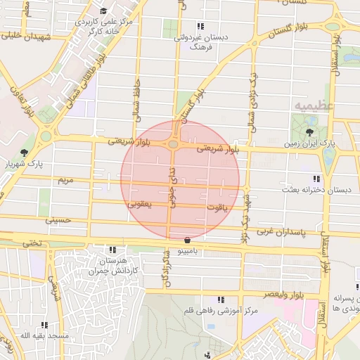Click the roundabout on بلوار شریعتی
point(173,144)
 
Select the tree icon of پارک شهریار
point(25,153)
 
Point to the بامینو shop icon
point(186,240)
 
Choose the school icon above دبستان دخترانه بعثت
point(315,179)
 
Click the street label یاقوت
point(218,208)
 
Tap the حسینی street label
point(58,220)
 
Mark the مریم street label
point(65,181)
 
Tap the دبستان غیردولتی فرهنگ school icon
point(181,28)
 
